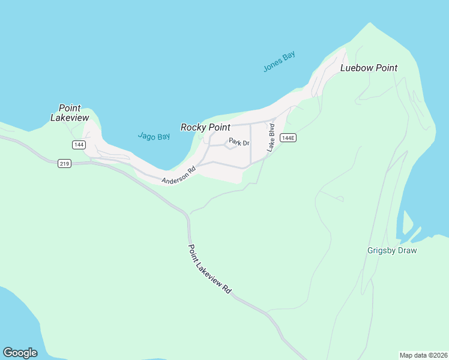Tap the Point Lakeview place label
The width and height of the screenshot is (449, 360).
click(x=70, y=113)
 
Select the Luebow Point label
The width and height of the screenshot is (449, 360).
click(x=369, y=68)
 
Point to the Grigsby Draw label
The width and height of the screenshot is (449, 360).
click(x=392, y=250)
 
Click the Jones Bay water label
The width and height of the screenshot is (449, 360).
click(x=279, y=62)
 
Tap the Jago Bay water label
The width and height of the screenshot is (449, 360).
click(x=154, y=136)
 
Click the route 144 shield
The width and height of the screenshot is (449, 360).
click(x=79, y=145)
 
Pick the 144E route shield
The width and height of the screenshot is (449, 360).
click(x=288, y=138)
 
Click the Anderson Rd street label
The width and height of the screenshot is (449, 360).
click(x=179, y=175)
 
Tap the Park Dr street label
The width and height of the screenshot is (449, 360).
click(x=239, y=142)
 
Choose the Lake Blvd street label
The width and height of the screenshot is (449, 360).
click(x=271, y=137)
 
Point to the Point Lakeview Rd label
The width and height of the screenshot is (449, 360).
click(x=209, y=268)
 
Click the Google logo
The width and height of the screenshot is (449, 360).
click(x=20, y=353)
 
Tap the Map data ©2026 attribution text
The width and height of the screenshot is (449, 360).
click(x=423, y=355)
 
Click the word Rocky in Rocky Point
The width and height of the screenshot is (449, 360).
click(x=193, y=127)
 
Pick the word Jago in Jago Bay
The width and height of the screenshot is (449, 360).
click(x=146, y=136)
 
